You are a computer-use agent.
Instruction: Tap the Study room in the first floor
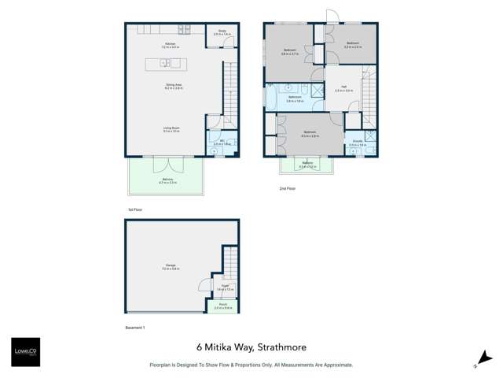click(223, 33)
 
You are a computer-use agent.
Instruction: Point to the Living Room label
click(171, 129)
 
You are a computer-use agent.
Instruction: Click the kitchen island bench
click(163, 63)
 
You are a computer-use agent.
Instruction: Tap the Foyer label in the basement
click(222, 288)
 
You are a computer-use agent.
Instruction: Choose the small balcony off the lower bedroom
click(307, 166)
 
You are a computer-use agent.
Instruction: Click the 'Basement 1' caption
click(135, 326)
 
